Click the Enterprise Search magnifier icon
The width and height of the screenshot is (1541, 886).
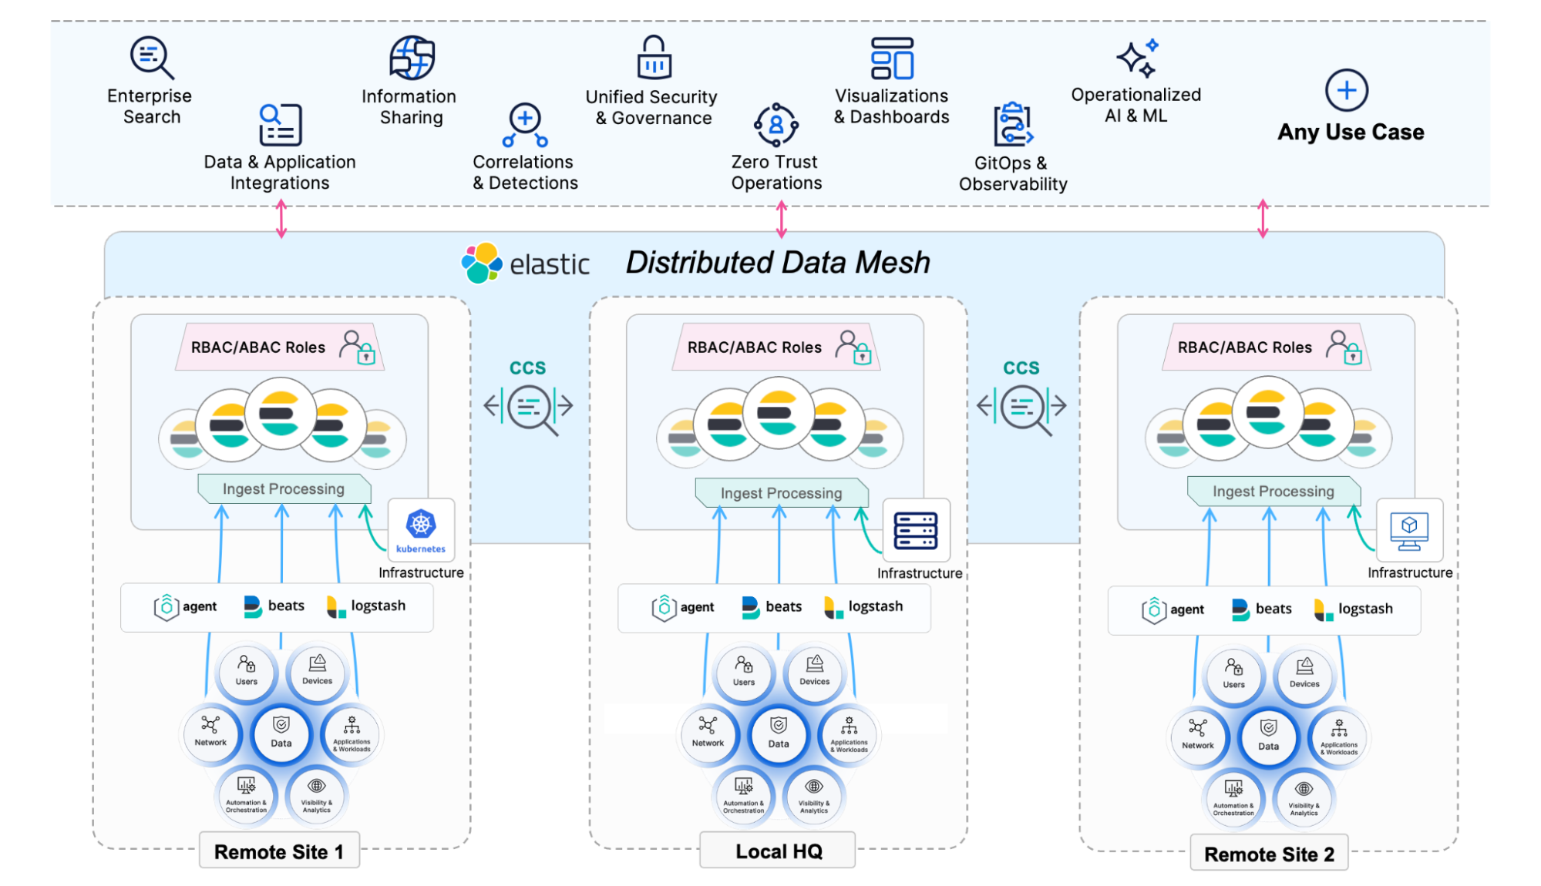click(151, 57)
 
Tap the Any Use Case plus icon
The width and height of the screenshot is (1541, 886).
click(1346, 90)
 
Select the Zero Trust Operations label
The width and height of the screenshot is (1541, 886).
click(776, 173)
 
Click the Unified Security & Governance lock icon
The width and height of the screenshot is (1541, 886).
click(654, 58)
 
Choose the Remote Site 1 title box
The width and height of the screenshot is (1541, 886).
click(279, 851)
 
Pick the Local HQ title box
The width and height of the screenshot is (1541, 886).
click(778, 851)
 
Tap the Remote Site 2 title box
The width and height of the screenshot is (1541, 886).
click(1269, 854)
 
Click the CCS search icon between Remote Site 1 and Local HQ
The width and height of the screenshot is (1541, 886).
click(529, 407)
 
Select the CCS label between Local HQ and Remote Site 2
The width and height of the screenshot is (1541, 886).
click(1021, 368)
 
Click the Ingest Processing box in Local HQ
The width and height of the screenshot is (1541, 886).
click(781, 493)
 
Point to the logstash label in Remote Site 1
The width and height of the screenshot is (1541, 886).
click(378, 606)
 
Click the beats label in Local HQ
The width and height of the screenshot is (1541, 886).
click(783, 606)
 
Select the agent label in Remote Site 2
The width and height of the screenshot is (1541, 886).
click(1186, 609)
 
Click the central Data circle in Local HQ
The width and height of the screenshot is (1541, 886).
click(779, 733)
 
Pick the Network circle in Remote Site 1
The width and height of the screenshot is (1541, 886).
click(210, 732)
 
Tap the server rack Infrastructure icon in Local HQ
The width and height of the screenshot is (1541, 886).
click(916, 531)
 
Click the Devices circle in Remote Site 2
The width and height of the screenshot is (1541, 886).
click(1304, 673)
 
